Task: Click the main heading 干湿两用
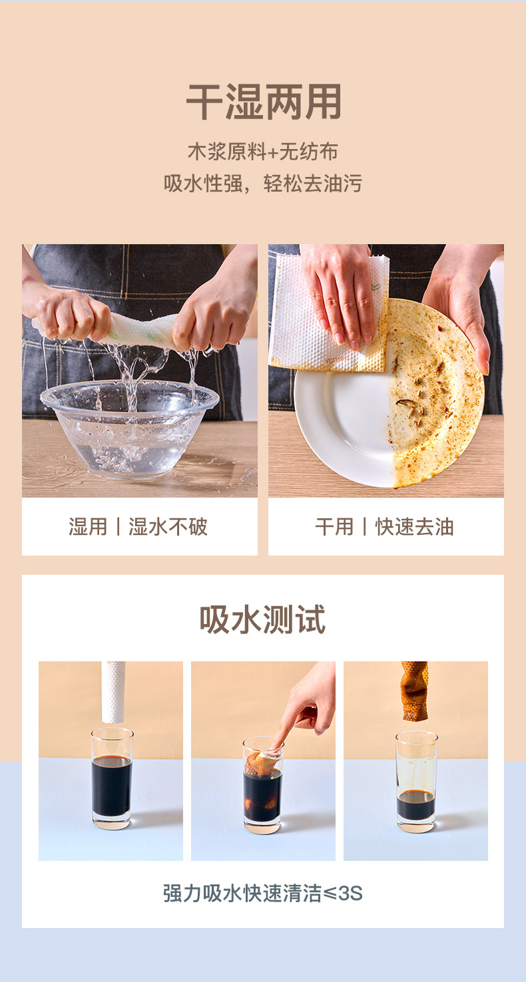click(x=263, y=102)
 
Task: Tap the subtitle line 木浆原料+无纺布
click(x=263, y=152)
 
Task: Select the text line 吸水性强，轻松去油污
click(x=263, y=183)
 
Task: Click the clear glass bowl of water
click(x=129, y=427)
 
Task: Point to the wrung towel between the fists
click(x=140, y=330)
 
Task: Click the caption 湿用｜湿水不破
click(x=138, y=526)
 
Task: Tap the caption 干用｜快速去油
click(x=385, y=526)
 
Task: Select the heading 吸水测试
click(x=263, y=619)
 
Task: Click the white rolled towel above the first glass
click(x=113, y=692)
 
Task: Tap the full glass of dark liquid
click(x=112, y=778)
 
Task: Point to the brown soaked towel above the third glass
click(x=415, y=691)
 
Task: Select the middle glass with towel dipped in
click(x=263, y=784)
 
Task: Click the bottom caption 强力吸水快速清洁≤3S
click(x=263, y=893)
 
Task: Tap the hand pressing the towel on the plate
click(x=340, y=291)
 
